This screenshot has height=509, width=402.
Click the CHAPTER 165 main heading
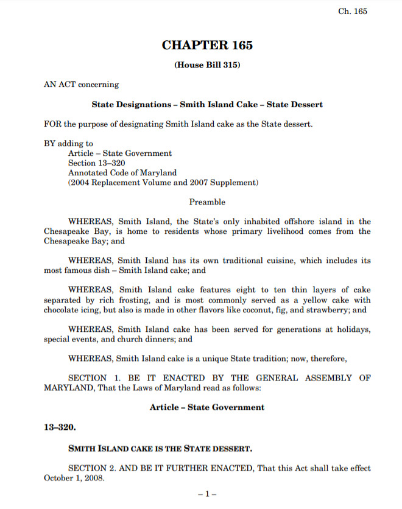(207, 45)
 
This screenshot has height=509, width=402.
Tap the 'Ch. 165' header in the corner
(353, 11)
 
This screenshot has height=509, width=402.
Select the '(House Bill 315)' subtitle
(207, 65)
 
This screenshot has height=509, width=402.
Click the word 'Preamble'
(207, 202)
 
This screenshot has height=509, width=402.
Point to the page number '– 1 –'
(207, 494)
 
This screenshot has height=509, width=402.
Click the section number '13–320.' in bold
(60, 427)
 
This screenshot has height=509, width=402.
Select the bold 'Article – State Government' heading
(207, 407)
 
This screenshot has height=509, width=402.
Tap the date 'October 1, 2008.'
(74, 478)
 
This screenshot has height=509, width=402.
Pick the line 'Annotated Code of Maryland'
(122, 173)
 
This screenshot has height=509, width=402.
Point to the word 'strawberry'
(329, 309)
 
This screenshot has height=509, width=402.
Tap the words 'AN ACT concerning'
(81, 85)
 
